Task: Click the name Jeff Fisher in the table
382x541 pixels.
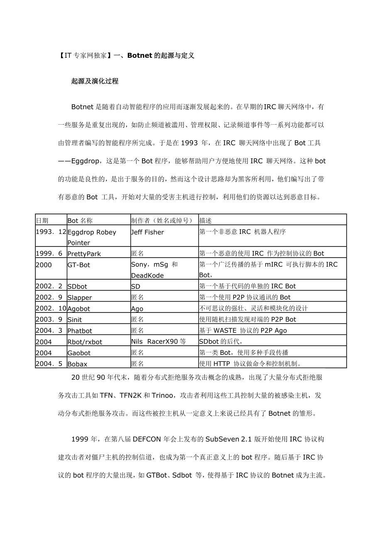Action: point(147,232)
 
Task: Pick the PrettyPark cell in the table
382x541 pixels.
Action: point(84,253)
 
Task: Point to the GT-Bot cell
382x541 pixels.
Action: point(79,265)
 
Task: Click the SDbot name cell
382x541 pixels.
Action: point(78,286)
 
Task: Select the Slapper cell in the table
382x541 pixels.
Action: point(80,298)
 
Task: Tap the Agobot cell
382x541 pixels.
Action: point(79,309)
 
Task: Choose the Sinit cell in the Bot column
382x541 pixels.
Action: point(75,320)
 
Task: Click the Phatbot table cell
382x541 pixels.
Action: point(80,331)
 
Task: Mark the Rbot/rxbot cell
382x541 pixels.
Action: point(85,342)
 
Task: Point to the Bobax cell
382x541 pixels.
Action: point(78,364)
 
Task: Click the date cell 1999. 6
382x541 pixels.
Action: point(49,253)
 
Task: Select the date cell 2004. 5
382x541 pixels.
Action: point(49,364)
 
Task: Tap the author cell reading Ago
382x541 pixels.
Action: point(137,309)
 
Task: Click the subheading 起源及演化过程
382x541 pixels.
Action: point(95,81)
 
